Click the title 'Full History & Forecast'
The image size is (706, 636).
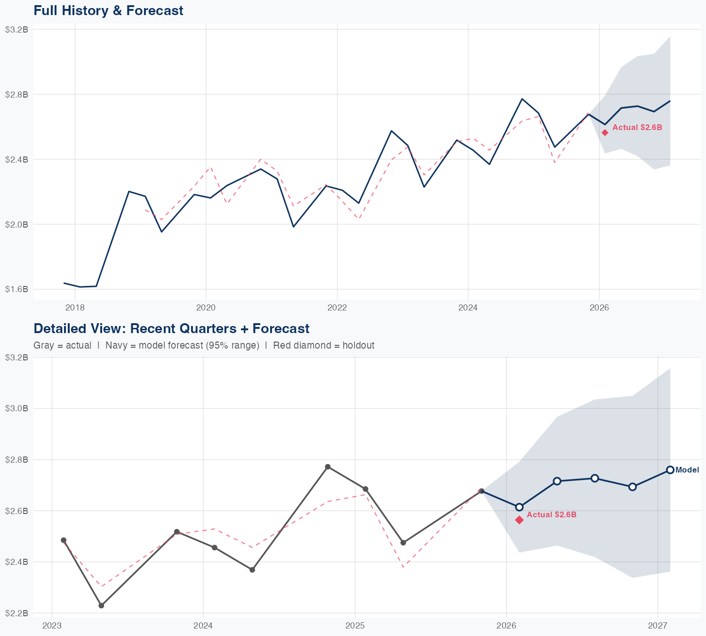(x=108, y=10)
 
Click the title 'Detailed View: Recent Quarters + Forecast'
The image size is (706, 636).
(x=171, y=328)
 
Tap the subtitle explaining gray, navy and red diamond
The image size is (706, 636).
(x=204, y=345)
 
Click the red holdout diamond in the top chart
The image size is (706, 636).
(x=605, y=132)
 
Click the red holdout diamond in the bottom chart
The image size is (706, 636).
(x=519, y=520)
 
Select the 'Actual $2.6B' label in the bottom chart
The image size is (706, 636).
(x=551, y=514)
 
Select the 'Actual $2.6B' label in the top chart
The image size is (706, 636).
(x=637, y=127)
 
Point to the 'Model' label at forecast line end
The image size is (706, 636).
(x=687, y=470)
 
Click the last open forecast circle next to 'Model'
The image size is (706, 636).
(x=670, y=470)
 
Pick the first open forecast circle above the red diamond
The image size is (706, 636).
(x=519, y=507)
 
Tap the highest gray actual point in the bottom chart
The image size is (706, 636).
(x=328, y=467)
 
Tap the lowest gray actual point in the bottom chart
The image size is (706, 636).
(x=101, y=605)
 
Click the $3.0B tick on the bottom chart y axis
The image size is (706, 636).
(x=16, y=408)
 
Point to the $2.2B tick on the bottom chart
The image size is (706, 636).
(x=16, y=613)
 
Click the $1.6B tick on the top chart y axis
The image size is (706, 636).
(x=16, y=289)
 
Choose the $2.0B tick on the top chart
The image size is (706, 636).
(x=16, y=224)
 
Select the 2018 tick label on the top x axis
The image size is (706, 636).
(x=75, y=308)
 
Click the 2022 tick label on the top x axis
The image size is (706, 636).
(x=337, y=308)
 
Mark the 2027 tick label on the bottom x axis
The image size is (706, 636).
(x=658, y=626)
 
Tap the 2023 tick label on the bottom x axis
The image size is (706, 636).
(x=52, y=626)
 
